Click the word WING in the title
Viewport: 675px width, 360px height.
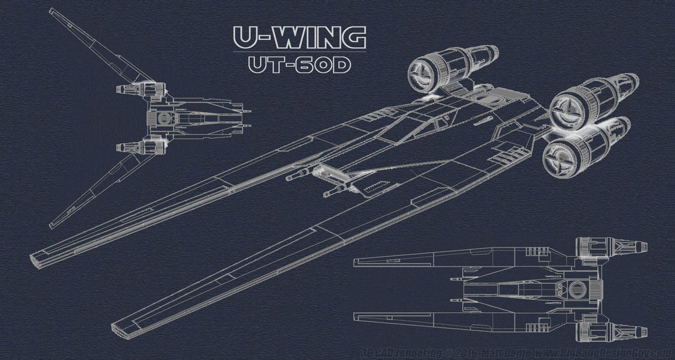[x=319, y=37]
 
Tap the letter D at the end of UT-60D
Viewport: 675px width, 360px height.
[x=340, y=65]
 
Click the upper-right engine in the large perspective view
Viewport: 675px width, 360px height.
[x=593, y=102]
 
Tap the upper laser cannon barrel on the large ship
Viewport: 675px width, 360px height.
[x=298, y=176]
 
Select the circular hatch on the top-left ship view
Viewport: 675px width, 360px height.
[x=163, y=118]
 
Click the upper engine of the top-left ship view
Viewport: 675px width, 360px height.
[x=141, y=88]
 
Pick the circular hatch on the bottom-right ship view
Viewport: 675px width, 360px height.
[x=577, y=287]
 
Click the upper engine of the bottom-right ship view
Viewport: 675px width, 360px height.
[x=609, y=245]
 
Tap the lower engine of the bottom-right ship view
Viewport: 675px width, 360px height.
[x=609, y=330]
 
